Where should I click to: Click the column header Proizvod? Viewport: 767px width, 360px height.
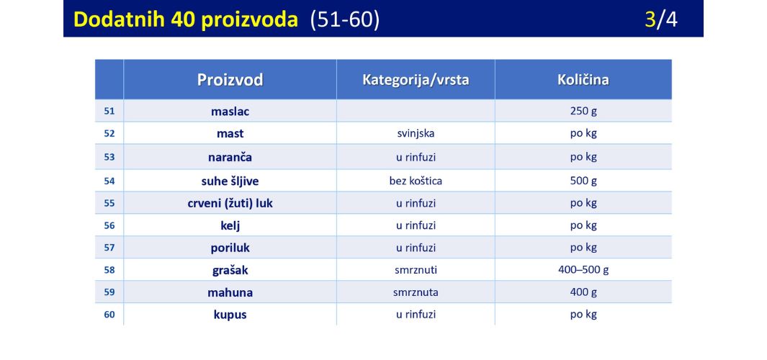pos(230,80)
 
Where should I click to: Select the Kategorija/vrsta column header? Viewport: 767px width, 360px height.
pos(416,80)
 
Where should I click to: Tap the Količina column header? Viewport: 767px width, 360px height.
pos(583,80)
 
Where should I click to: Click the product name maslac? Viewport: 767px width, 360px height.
pos(230,112)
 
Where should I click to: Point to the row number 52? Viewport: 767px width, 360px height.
pos(109,133)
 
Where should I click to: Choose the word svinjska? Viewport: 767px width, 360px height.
pos(416,133)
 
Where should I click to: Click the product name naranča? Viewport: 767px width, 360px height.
pos(230,157)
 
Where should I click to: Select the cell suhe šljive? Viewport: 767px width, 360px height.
pos(230,181)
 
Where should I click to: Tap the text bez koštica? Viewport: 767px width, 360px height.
pos(416,181)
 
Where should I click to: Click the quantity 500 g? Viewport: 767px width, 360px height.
pos(583,181)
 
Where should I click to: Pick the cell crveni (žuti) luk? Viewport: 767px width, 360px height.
pos(230,204)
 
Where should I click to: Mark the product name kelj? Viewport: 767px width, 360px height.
pos(230,226)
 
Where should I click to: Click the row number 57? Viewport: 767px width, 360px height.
pos(109,248)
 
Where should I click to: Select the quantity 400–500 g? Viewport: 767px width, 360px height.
pos(583,269)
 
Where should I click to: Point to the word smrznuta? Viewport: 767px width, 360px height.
pos(416,292)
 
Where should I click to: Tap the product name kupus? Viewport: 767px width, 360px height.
pos(230,315)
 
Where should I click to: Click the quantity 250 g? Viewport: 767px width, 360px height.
pos(583,111)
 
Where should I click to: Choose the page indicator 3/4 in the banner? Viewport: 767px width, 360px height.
pos(661,19)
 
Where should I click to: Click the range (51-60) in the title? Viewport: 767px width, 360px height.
pos(345,19)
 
